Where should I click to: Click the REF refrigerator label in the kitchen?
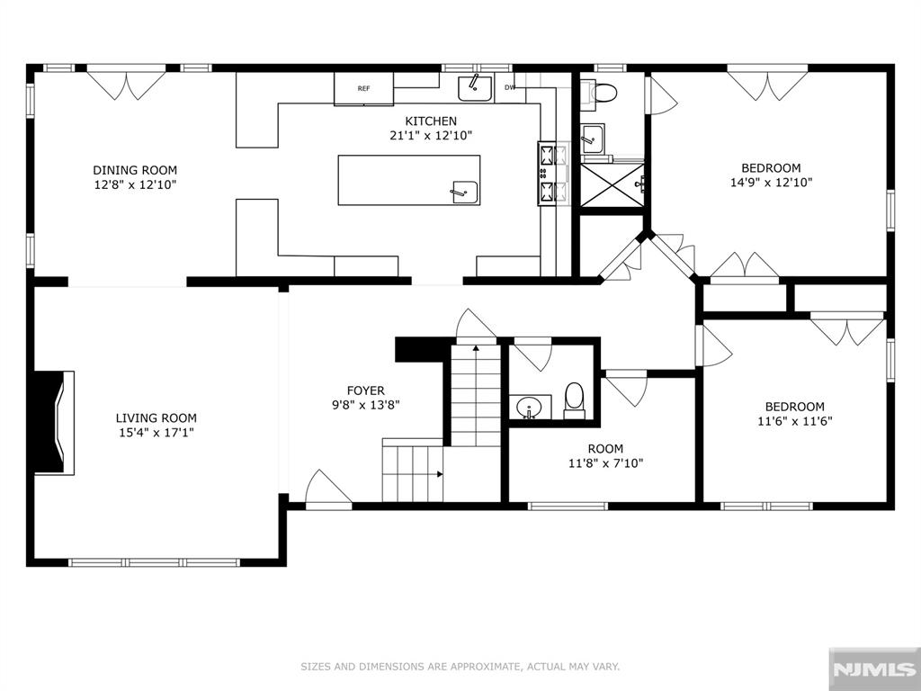click(363, 89)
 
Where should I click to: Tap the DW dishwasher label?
click(510, 87)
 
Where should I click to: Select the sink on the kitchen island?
click(465, 193)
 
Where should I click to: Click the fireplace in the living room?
click(54, 422)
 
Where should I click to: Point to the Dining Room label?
click(135, 170)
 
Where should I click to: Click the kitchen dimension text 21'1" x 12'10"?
click(431, 136)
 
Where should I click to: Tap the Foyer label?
click(365, 390)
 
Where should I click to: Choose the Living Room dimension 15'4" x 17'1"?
click(156, 433)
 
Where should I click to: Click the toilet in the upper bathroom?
click(599, 93)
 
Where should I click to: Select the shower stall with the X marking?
click(612, 184)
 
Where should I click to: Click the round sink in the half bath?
click(531, 408)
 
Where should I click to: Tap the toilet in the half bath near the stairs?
click(574, 401)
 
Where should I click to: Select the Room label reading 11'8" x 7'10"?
click(605, 456)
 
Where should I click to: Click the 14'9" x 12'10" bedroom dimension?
click(771, 183)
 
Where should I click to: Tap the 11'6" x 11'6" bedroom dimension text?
click(795, 421)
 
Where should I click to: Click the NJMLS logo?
click(874, 669)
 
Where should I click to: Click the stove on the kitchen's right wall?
click(553, 174)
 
